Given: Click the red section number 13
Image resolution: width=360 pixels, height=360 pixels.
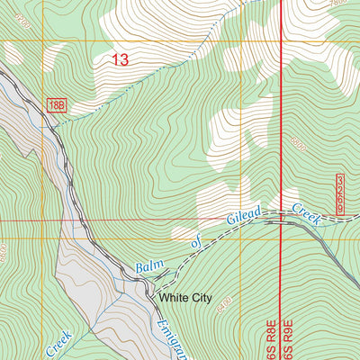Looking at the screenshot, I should click(x=120, y=60).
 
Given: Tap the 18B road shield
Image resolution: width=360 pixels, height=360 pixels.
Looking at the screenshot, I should click(x=56, y=106).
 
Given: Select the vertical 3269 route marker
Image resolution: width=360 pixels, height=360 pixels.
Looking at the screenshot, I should click(x=342, y=194).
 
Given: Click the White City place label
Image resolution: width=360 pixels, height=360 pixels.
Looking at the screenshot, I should click(x=184, y=297).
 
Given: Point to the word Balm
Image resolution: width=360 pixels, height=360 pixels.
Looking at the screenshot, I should click(x=149, y=265).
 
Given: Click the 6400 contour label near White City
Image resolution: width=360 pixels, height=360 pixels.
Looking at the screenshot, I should click(x=222, y=299).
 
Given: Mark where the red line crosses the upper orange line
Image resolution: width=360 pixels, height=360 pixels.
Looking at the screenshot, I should click(x=281, y=40).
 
